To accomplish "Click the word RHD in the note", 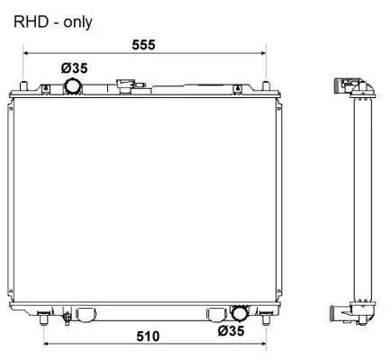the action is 31,22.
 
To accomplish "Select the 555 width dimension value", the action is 143,45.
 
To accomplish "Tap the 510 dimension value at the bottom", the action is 148,336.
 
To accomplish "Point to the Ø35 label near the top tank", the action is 75,68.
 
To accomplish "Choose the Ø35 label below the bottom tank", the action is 231,331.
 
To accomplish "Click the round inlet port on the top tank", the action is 73,86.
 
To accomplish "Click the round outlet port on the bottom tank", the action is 240,313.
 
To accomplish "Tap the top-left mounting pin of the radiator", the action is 23,86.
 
